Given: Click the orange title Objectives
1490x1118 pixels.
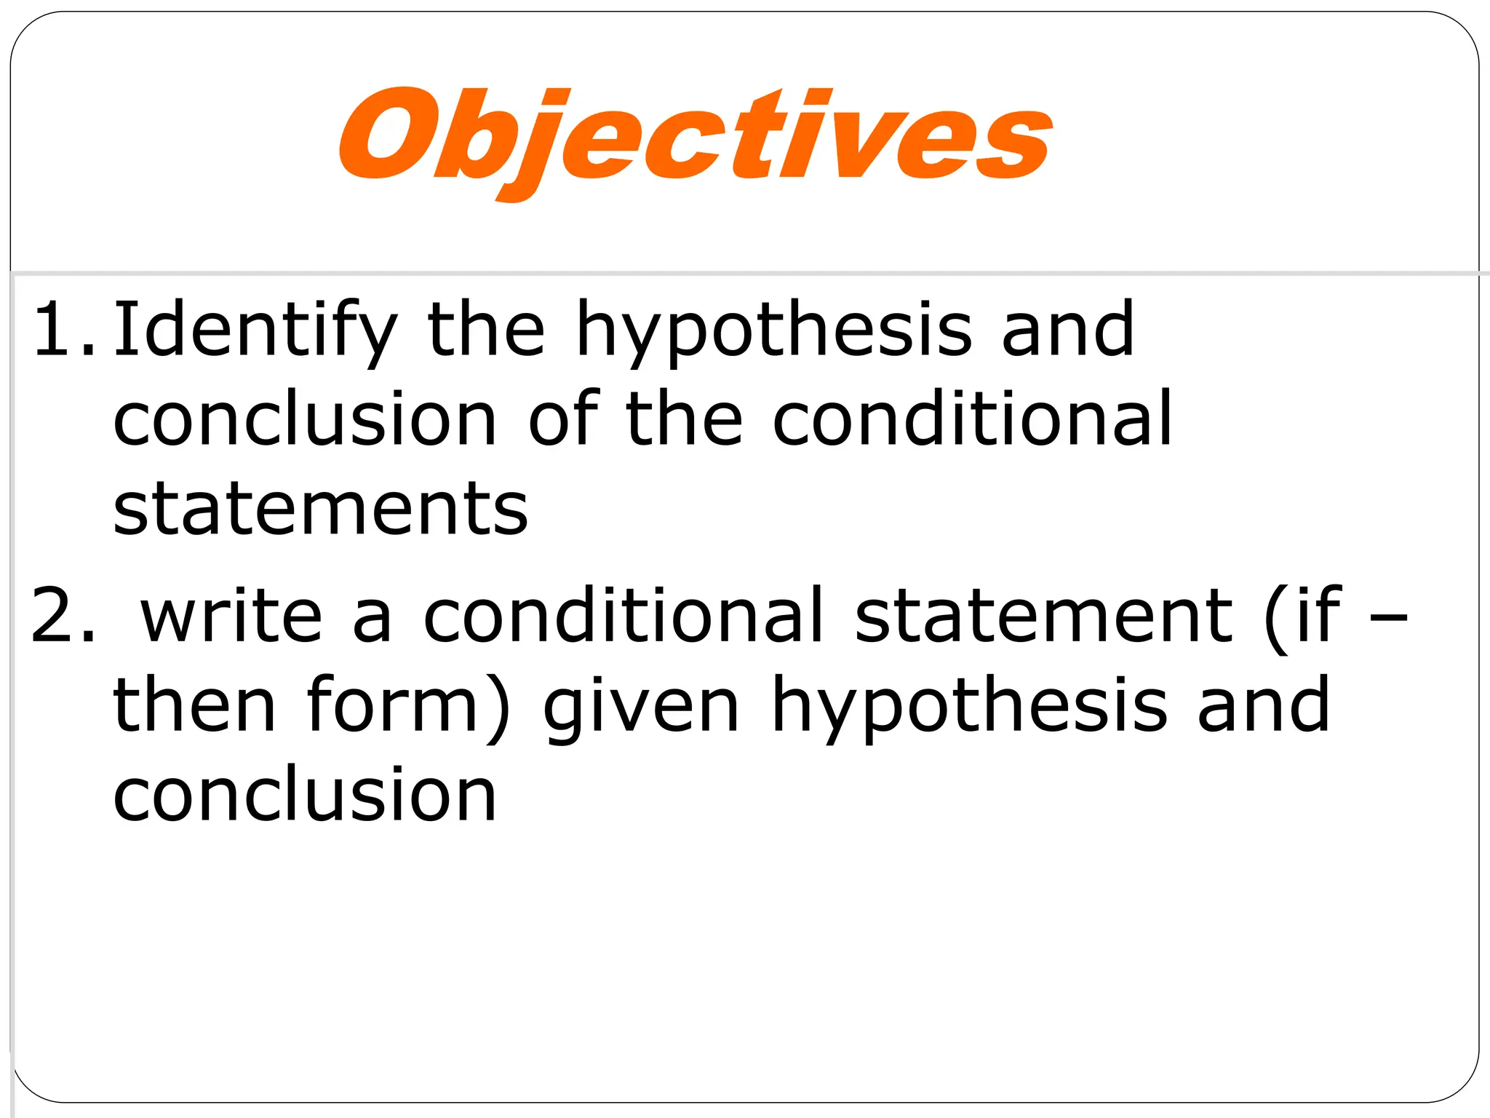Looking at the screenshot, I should [x=695, y=138].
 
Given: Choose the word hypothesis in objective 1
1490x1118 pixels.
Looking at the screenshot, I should [x=774, y=331].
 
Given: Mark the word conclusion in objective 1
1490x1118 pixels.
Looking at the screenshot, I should [x=305, y=420].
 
